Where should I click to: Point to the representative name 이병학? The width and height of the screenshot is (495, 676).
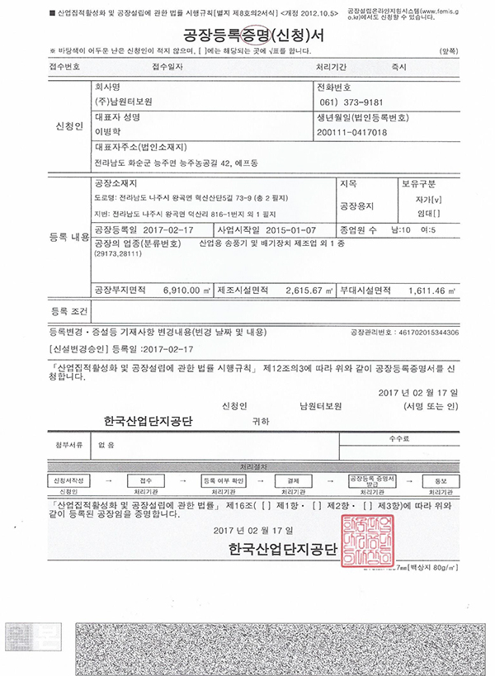pyautogui.click(x=108, y=131)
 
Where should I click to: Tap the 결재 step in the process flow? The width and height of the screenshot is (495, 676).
pyautogui.click(x=295, y=479)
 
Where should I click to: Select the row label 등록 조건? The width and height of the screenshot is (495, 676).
pyautogui.click(x=68, y=312)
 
